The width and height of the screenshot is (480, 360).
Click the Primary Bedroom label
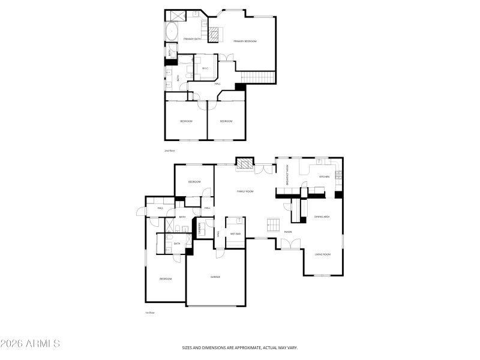click(x=245, y=41)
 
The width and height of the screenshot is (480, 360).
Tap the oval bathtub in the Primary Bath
click(x=170, y=31)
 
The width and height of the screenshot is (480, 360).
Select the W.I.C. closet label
click(x=205, y=68)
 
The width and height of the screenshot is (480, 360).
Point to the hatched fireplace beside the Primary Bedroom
click(x=213, y=34)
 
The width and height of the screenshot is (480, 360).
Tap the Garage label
click(x=215, y=277)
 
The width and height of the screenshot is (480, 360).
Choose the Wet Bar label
click(x=235, y=233)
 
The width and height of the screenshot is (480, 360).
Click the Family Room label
click(x=245, y=191)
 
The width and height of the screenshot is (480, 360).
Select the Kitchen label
click(x=324, y=176)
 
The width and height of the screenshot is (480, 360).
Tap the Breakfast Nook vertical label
click(x=287, y=174)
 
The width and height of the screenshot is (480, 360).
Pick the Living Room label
click(x=322, y=254)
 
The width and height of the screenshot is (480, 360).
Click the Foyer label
click(x=287, y=231)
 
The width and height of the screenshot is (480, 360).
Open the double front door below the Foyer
click(x=289, y=244)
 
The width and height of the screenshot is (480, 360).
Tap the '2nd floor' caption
click(x=170, y=151)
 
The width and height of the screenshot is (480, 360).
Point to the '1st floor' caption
click(x=149, y=313)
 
